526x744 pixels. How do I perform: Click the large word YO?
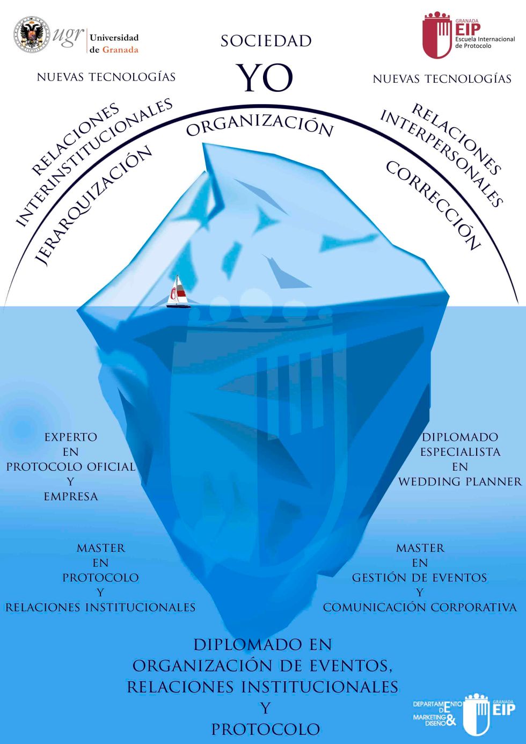pyautogui.click(x=265, y=78)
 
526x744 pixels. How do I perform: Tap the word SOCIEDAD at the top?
pyautogui.click(x=266, y=41)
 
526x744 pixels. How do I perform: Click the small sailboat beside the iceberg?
pyautogui.click(x=178, y=293)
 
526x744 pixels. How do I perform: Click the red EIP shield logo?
pyautogui.click(x=436, y=35)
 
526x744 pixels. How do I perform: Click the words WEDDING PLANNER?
pyautogui.click(x=460, y=482)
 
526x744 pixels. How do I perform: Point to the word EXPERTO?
pyautogui.click(x=71, y=437)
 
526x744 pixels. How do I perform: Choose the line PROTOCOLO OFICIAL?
pyautogui.click(x=71, y=467)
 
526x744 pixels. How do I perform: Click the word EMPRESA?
pyautogui.click(x=71, y=497)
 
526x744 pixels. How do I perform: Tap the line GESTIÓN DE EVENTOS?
pyautogui.click(x=420, y=578)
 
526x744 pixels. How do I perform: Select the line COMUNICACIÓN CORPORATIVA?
pyautogui.click(x=420, y=608)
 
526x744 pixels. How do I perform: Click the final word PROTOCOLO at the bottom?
pyautogui.click(x=266, y=730)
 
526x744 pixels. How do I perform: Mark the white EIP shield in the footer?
pyautogui.click(x=477, y=714)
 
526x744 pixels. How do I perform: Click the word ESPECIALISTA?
pyautogui.click(x=460, y=452)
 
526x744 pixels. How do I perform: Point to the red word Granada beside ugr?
pyautogui.click(x=120, y=50)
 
